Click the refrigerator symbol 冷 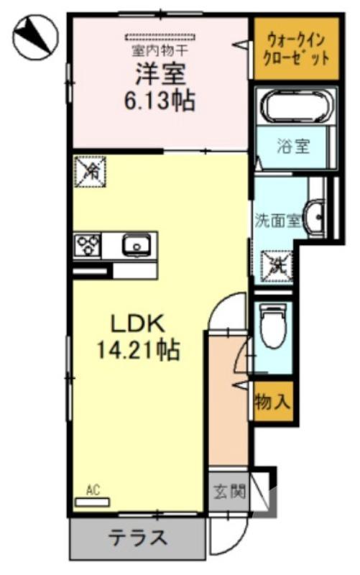click(x=91, y=171)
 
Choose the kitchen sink click(x=135, y=246)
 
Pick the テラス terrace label click(x=138, y=536)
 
